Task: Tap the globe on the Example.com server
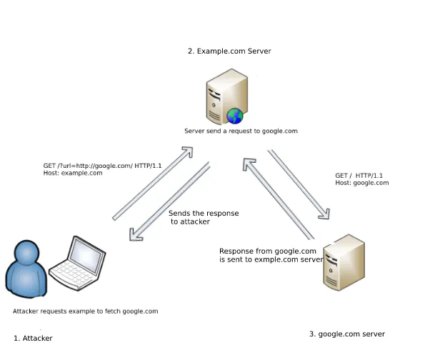click(x=235, y=116)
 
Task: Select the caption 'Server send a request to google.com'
click(x=241, y=131)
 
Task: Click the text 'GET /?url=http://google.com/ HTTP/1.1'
click(x=102, y=166)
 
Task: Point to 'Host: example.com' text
click(x=73, y=174)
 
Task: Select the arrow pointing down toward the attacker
click(x=170, y=201)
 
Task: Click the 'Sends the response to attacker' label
click(x=203, y=218)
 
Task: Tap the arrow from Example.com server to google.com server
click(x=299, y=184)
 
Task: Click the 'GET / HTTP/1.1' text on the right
click(x=359, y=175)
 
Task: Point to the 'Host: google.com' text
click(x=362, y=183)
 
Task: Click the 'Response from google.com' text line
click(x=267, y=251)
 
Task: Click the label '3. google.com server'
click(x=347, y=334)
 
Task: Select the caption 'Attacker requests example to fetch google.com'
click(x=85, y=311)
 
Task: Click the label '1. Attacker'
click(x=33, y=338)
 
